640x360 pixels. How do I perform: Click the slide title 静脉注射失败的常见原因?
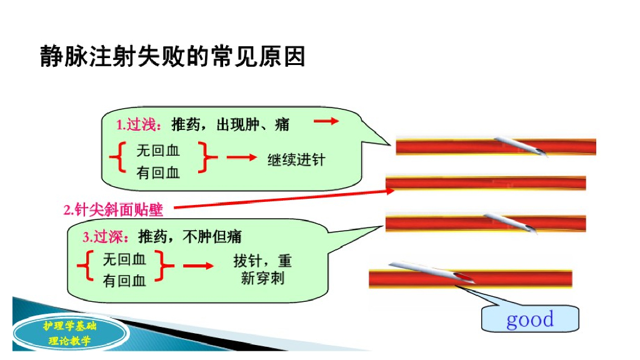pyautogui.click(x=172, y=56)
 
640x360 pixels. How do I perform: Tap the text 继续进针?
pyautogui.click(x=296, y=159)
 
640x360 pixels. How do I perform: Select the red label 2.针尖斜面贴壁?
pyautogui.click(x=113, y=210)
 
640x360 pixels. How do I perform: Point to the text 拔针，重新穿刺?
pyautogui.click(x=262, y=269)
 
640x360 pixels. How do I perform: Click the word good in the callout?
pyautogui.click(x=530, y=319)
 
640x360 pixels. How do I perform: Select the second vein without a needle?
pyautogui.click(x=485, y=183)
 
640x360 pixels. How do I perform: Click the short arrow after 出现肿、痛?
pyautogui.click(x=326, y=121)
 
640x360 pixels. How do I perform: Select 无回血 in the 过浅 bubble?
pyautogui.click(x=157, y=150)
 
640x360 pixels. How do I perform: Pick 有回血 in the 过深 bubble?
pyautogui.click(x=124, y=281)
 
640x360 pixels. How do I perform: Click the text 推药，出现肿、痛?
pyautogui.click(x=231, y=124)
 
